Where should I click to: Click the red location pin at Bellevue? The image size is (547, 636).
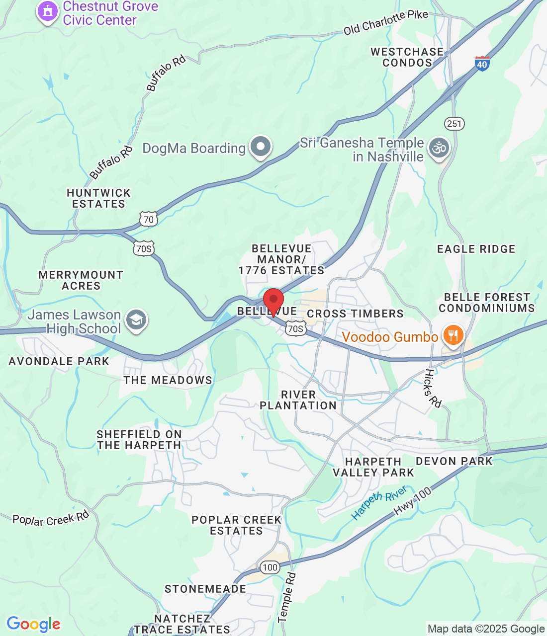(273, 301)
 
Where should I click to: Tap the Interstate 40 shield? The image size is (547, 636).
(482, 64)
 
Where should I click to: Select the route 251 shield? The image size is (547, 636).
(454, 124)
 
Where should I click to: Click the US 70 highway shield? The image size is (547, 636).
(148, 219)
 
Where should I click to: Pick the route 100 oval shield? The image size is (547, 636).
(270, 567)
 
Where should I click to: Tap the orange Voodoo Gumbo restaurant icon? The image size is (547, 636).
(453, 335)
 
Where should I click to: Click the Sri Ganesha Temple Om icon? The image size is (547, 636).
(439, 148)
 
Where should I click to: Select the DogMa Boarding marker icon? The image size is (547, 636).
(260, 147)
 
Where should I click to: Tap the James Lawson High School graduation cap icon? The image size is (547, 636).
(136, 320)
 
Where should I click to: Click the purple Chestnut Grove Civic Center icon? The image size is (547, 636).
(48, 11)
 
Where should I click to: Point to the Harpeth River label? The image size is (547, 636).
(379, 503)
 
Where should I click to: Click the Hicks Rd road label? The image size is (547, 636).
(433, 389)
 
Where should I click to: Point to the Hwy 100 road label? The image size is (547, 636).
(412, 501)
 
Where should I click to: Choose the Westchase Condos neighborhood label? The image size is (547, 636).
(407, 57)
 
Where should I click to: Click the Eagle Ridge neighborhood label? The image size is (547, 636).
(476, 249)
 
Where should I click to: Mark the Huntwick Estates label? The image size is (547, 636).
(98, 198)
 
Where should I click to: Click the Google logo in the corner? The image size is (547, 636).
(33, 624)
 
